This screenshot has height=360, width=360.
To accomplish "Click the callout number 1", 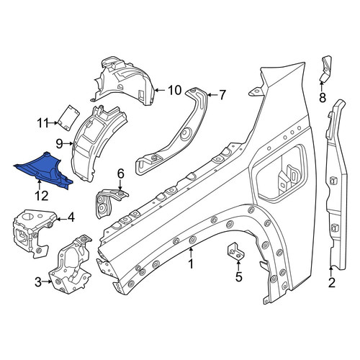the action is tap(191, 264).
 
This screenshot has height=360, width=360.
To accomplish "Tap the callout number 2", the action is tap(331, 282).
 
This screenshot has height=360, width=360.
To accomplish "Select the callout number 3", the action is tap(38, 282).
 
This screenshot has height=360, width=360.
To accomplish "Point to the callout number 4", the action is tap(71, 217).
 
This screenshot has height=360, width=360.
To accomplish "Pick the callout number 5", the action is tap(238, 276).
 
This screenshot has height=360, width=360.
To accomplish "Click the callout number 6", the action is tap(120, 174).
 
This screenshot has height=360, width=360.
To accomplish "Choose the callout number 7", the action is tap(222, 95).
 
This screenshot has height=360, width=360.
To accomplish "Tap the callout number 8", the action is tap(323, 97).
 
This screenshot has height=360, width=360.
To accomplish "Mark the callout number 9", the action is tap(59, 144).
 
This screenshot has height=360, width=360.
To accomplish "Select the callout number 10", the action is tap(174, 90).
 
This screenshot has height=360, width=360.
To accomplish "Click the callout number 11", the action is tap(42, 123).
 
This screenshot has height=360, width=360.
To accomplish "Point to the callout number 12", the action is tap(42, 196).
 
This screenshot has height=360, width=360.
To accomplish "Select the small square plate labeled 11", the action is tap(69, 118).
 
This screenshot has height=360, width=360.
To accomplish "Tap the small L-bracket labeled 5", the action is tap(236, 251).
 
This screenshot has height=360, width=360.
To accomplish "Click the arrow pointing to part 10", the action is tap(161, 90).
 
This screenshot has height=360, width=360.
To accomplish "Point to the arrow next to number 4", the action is tap(61, 219).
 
